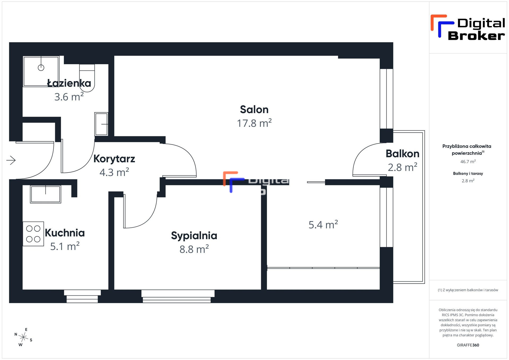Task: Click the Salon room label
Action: [x=254, y=109]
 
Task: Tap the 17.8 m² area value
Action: [x=254, y=123]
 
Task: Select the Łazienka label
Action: [x=69, y=83]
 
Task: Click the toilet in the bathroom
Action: [x=87, y=78]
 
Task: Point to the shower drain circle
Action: [x=41, y=68]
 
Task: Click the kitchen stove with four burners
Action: [x=33, y=234]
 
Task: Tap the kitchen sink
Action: [x=46, y=194]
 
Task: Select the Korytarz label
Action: [x=114, y=159]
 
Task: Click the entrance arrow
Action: [x=11, y=160]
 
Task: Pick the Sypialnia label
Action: [x=194, y=236]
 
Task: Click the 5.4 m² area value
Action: [x=323, y=225]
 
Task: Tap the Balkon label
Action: [x=402, y=154]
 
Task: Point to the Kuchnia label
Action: [x=65, y=233]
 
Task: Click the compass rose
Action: [x=23, y=337]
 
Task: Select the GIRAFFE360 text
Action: [x=468, y=345]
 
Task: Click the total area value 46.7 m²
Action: [x=468, y=161]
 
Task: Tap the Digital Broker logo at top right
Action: [x=468, y=27]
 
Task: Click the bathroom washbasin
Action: [x=101, y=124]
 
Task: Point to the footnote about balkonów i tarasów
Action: [x=468, y=290]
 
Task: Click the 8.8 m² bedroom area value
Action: [x=194, y=249]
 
